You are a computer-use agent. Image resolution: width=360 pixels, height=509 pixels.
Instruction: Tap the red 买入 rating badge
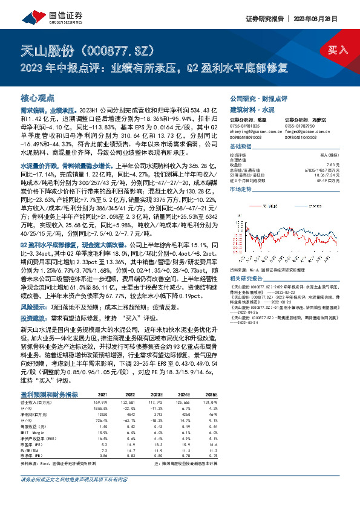pos(337,50)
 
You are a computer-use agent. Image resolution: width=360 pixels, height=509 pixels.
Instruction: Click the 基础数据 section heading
pos(241,147)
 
